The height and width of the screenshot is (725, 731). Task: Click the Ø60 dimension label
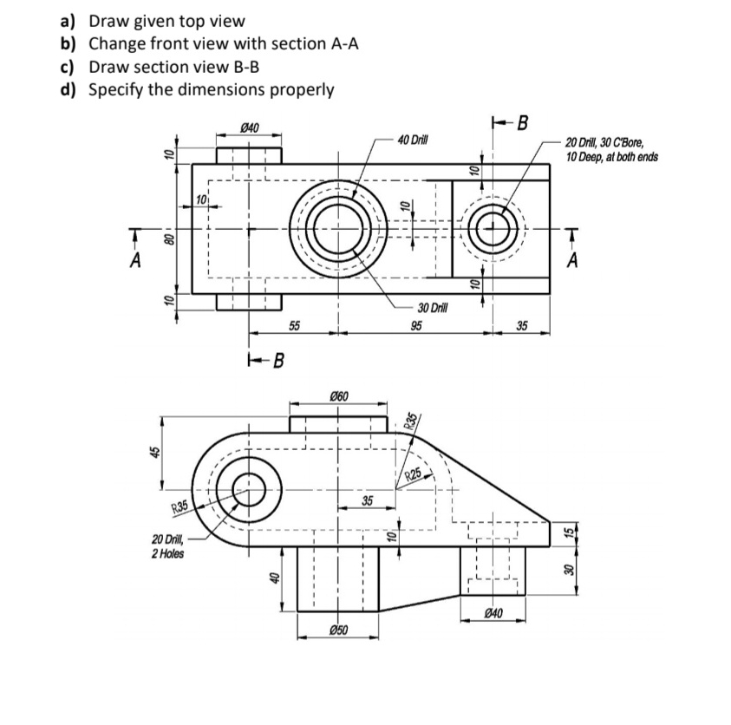tap(339, 395)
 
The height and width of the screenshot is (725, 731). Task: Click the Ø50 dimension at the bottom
tap(339, 629)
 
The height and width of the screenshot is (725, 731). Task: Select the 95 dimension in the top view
tap(417, 326)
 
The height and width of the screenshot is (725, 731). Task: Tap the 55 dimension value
tap(294, 326)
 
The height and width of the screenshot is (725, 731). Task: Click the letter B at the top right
tap(522, 122)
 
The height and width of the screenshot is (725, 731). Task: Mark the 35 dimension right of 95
tap(521, 326)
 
